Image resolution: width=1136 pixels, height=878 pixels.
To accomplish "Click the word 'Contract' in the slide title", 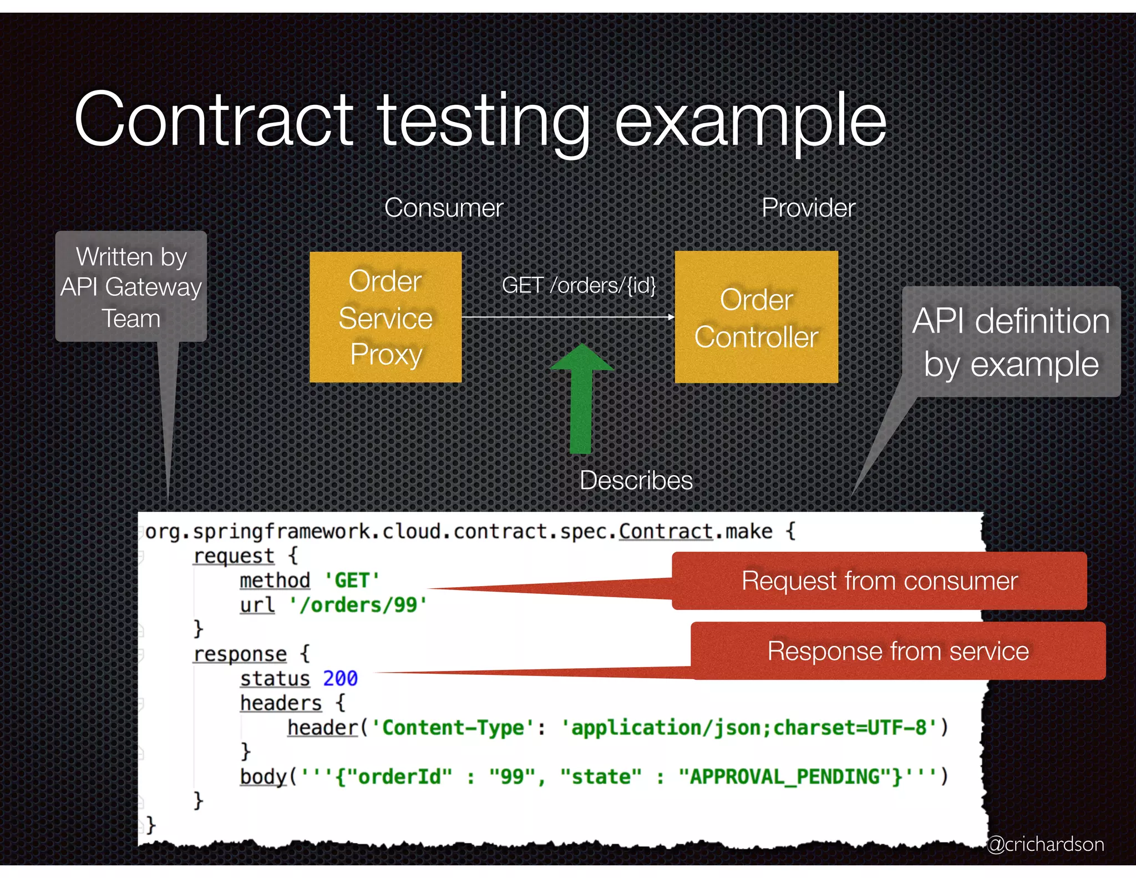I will point(214,119).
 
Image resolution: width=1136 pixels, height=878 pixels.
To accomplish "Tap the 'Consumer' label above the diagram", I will point(444,208).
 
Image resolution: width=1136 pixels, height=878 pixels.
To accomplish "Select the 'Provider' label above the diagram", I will point(808,208).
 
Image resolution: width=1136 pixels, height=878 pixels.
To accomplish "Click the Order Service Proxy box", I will point(386,317).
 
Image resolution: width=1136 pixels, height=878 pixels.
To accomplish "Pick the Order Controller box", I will point(756,317).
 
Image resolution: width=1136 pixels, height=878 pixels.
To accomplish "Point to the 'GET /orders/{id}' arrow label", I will point(579,285).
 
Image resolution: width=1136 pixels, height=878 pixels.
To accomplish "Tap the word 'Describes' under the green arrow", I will point(636,480).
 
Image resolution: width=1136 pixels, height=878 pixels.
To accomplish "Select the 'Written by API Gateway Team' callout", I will point(131,287).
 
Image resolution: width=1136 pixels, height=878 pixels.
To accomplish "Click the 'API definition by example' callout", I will point(1011,342).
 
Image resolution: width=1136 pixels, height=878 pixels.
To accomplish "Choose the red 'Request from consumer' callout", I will point(879,581).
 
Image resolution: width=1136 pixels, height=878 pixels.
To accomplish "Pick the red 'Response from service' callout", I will point(898,651).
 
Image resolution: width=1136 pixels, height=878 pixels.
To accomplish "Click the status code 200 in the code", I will point(340,678).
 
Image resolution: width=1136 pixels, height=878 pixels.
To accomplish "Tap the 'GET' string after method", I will point(352,581).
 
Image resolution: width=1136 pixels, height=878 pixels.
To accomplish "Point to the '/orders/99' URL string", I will point(358,605).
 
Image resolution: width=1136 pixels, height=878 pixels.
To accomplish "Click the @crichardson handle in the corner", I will point(1046,844).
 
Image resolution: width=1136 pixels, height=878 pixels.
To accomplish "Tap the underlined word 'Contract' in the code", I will point(666,532).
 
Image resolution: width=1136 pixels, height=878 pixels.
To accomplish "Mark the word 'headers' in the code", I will point(281,703).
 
